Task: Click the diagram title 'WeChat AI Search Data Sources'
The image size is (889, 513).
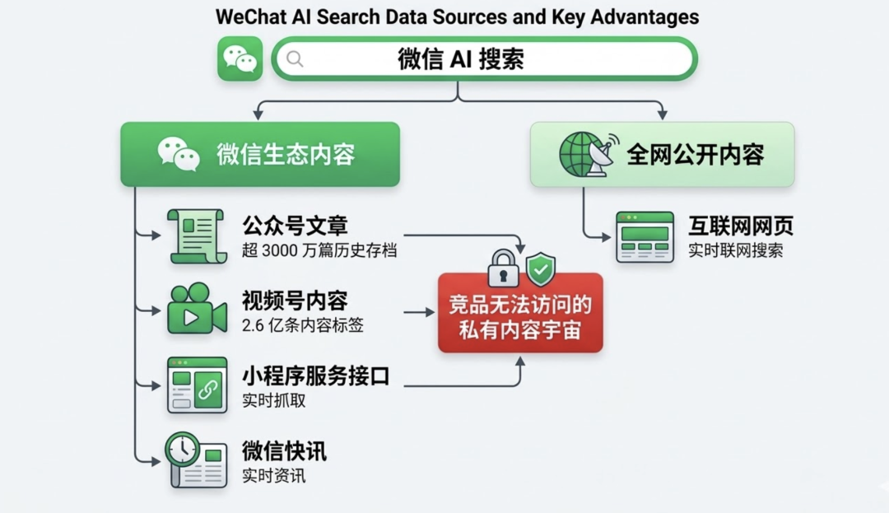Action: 457,16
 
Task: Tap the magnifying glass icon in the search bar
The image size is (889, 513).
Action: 295,59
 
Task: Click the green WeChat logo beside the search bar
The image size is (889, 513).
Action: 240,59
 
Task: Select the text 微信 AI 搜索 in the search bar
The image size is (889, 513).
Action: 461,59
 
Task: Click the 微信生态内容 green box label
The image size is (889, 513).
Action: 286,154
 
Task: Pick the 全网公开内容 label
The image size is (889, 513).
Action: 696,154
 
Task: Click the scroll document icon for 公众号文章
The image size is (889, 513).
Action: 198,236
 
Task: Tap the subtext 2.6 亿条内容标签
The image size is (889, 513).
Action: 303,325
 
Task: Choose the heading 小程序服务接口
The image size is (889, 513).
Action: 315,376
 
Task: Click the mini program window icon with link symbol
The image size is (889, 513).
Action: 197,385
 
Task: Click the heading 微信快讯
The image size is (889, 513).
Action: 284,450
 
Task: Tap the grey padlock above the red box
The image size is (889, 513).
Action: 503,268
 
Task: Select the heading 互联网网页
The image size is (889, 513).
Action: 741,226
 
